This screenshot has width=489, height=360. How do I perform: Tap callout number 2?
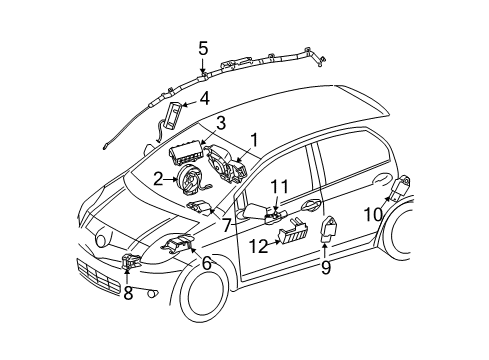(x=158, y=178)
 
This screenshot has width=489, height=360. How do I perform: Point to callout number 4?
(x=204, y=98)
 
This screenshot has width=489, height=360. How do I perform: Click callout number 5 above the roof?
(x=203, y=47)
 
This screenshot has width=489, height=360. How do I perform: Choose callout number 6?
(x=206, y=262)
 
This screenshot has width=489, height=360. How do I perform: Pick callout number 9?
(x=324, y=267)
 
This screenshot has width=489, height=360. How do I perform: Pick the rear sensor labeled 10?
(x=405, y=186)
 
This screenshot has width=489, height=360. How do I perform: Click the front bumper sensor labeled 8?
(x=128, y=261)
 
